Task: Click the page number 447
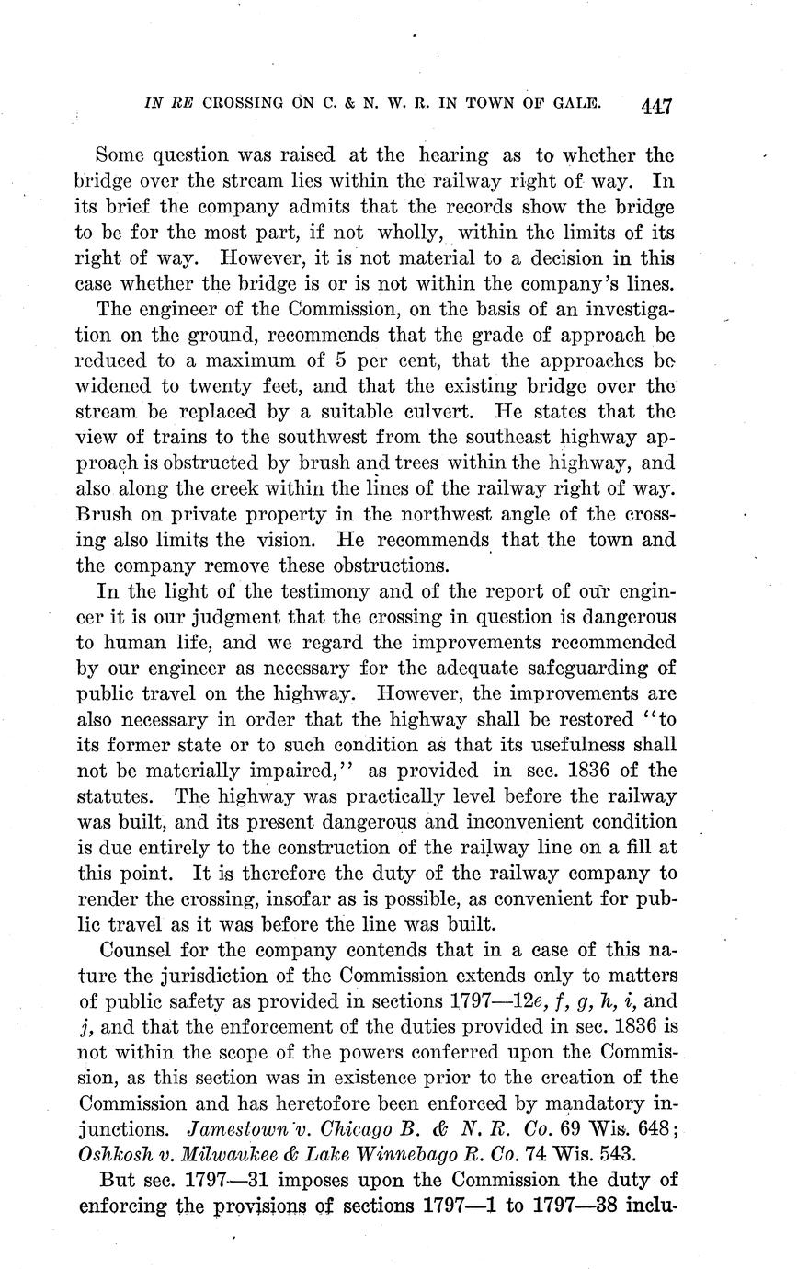pos(657,106)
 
